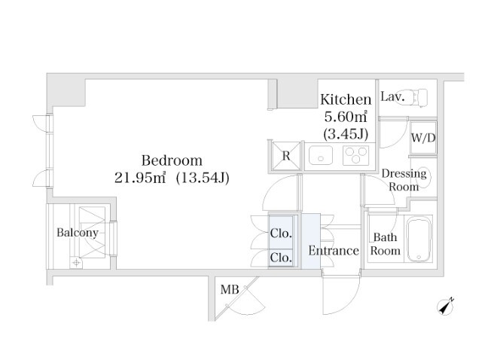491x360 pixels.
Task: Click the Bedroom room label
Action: tap(172, 160)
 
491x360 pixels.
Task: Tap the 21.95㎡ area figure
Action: tap(140, 178)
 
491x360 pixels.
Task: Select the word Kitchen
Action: tap(346, 99)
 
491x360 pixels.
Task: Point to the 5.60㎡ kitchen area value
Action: tap(346, 117)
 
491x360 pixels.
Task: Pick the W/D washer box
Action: tap(423, 138)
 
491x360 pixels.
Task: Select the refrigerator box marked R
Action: tap(286, 156)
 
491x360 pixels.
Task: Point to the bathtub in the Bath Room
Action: tap(419, 239)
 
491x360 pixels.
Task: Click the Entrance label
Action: tap(334, 251)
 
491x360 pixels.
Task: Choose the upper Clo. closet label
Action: tap(281, 233)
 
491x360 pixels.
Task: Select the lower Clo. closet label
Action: tap(281, 258)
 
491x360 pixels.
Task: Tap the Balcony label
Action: tap(78, 232)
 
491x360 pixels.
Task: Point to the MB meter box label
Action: tap(230, 289)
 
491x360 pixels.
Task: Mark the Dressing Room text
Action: tap(404, 180)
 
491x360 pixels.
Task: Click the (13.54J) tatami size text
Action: tap(203, 178)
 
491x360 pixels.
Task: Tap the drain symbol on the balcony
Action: tap(76, 263)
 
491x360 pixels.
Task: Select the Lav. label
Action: tap(392, 96)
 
